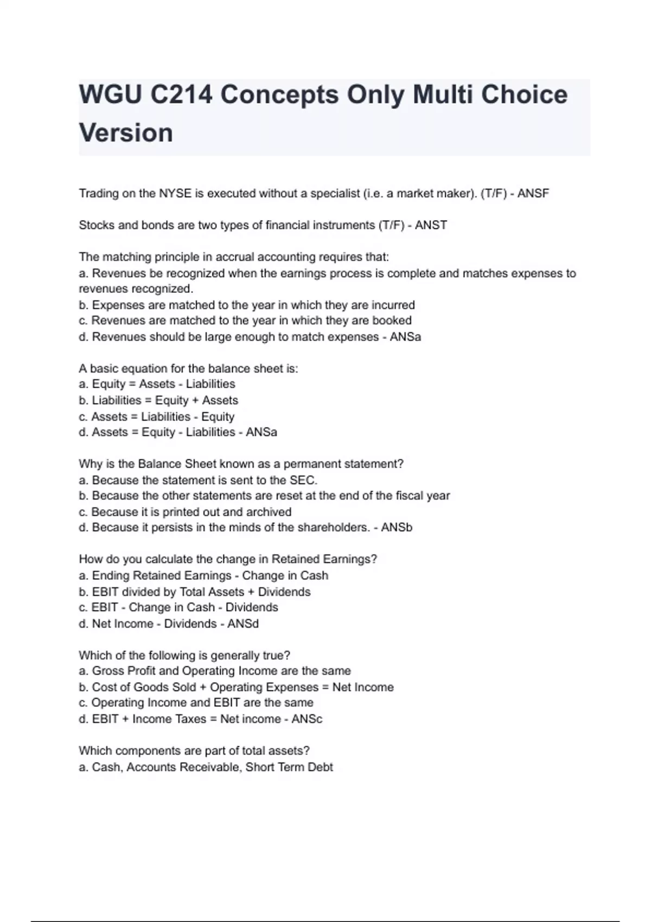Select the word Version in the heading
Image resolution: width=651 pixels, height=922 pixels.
(126, 133)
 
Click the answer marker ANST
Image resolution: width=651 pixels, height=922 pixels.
(431, 225)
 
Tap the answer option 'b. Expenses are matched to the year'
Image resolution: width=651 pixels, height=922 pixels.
(247, 305)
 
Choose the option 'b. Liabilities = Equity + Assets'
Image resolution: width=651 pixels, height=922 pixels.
(158, 400)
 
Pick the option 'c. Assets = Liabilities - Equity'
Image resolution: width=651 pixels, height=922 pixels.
(157, 417)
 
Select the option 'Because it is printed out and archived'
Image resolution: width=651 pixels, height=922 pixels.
(185, 512)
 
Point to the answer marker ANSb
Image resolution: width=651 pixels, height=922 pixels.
(397, 528)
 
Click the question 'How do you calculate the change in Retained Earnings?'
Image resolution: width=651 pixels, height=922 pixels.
(228, 559)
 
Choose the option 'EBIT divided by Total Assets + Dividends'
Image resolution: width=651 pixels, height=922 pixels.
(195, 592)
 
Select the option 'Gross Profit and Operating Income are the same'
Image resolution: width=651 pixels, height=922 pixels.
(215, 671)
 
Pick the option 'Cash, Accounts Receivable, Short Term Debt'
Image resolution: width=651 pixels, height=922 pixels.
(206, 767)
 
